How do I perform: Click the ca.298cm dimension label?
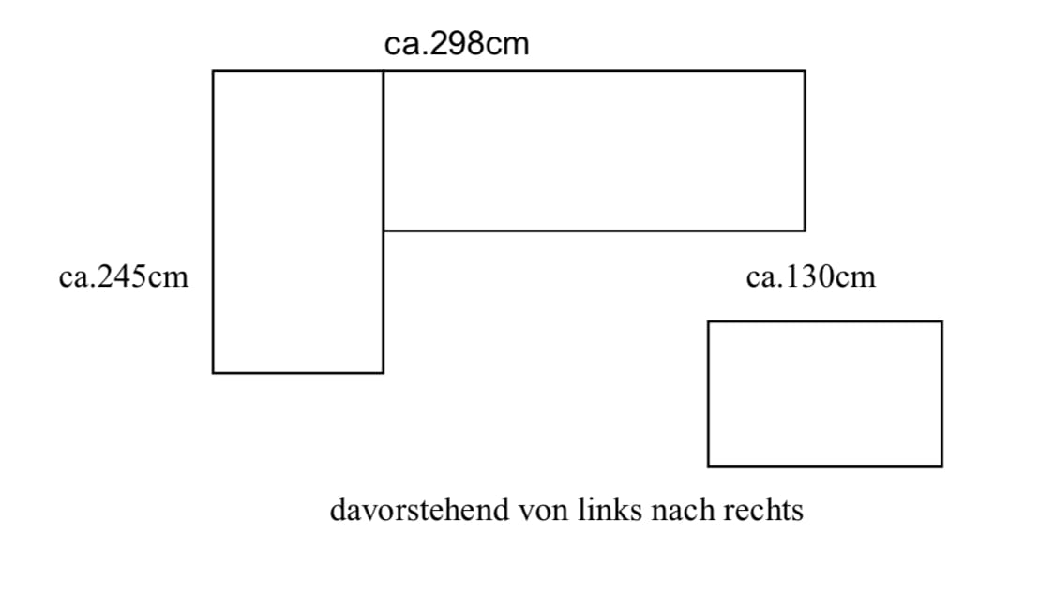[x=457, y=44]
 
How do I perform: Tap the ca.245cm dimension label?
[x=124, y=276]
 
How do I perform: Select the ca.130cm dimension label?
[x=811, y=276]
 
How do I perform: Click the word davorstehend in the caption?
[x=419, y=510]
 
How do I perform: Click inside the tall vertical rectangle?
[x=297, y=222]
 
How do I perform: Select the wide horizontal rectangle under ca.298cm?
[x=595, y=151]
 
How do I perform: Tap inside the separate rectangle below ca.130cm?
[x=825, y=394]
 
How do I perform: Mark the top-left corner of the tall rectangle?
[x=213, y=71]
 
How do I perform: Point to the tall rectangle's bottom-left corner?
[x=213, y=373]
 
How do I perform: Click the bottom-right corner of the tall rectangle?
[x=383, y=373]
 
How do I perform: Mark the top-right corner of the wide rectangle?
[x=806, y=71]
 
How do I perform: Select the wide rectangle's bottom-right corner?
[x=806, y=231]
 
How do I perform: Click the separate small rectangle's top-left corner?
[x=708, y=321]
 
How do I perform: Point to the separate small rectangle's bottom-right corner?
[x=942, y=466]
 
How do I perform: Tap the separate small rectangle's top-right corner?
[x=942, y=321]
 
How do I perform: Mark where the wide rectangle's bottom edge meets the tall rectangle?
[x=383, y=231]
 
